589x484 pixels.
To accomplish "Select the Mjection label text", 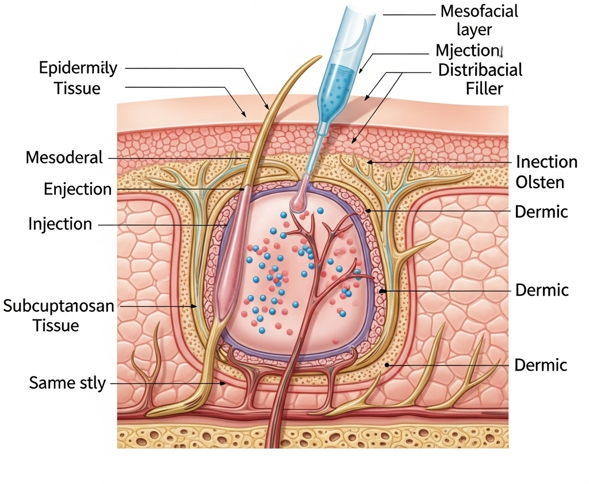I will (x=469, y=50).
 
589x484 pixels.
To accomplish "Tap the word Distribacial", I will (x=480, y=70).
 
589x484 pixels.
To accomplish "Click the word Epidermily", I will (x=78, y=68).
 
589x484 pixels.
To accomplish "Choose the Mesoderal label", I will (x=64, y=157).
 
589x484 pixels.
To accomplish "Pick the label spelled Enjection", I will (x=78, y=189).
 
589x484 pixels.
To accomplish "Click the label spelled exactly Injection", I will (x=60, y=223).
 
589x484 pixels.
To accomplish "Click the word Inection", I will (x=546, y=162).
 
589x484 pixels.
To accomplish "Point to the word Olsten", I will (x=540, y=182).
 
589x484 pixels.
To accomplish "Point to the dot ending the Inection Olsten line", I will (x=370, y=162).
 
